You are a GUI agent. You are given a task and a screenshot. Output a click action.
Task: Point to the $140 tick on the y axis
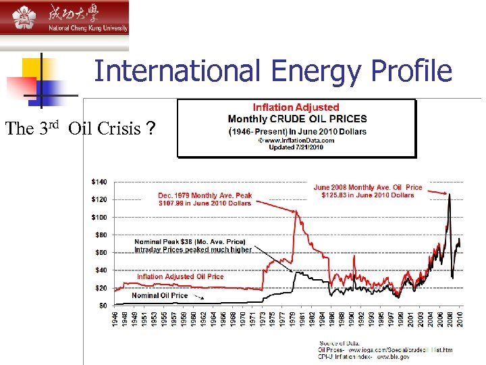99,182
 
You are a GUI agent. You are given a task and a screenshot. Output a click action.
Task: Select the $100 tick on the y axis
99,217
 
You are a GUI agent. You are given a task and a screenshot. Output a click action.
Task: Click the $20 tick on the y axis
101,288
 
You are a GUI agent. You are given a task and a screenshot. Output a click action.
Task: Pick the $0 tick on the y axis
103,306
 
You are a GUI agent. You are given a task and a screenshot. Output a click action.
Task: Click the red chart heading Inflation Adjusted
296,107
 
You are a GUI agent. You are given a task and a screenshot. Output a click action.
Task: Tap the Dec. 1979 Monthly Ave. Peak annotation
205,196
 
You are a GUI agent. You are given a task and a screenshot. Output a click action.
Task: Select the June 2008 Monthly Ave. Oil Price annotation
368,187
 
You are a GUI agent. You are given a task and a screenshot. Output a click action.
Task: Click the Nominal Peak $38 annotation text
190,241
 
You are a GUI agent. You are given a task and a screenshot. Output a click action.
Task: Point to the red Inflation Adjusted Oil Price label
180,276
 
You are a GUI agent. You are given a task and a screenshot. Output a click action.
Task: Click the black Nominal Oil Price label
160,295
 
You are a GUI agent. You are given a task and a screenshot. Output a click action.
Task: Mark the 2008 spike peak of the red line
449,195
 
